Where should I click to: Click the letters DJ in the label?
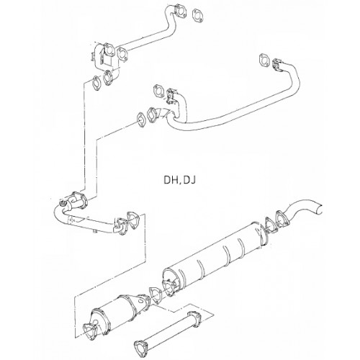pyautogui.click(x=189, y=179)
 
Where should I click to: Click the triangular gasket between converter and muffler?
pyautogui.click(x=156, y=295)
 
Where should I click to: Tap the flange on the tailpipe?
pyautogui.click(x=283, y=219)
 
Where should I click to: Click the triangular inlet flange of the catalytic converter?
pyautogui.click(x=89, y=331)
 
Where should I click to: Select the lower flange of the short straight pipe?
pyautogui.click(x=141, y=348)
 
